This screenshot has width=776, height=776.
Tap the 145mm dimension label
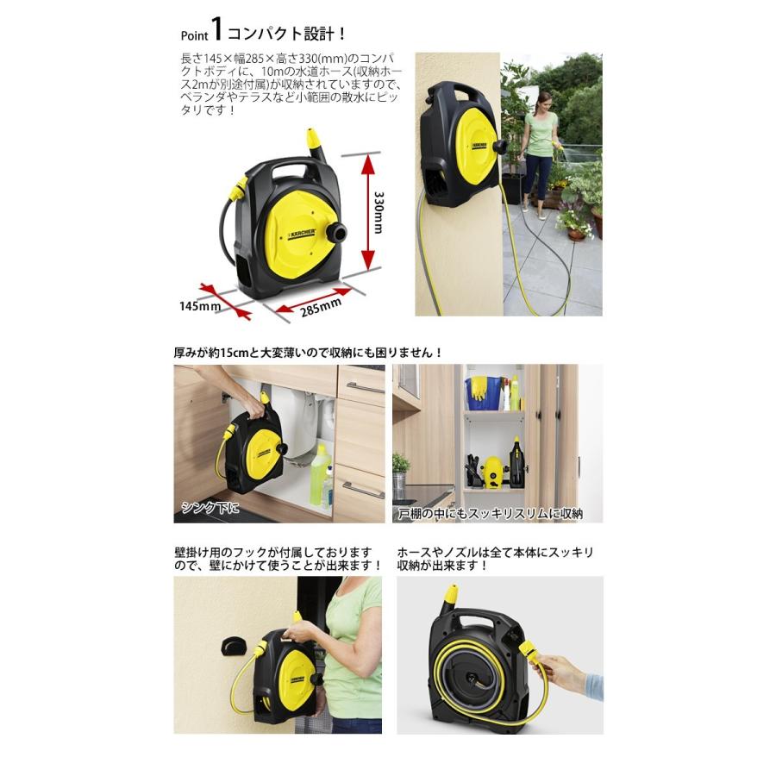tap(201, 305)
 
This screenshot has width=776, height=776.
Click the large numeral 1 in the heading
tap(217, 32)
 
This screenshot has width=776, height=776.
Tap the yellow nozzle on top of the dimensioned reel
tap(311, 139)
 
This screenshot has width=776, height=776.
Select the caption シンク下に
tap(210, 508)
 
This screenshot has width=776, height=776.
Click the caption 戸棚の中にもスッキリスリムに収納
tap(489, 513)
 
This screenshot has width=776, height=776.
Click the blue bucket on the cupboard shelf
tap(479, 393)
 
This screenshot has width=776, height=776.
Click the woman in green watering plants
tap(540, 142)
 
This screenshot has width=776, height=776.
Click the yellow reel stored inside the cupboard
tap(492, 473)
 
